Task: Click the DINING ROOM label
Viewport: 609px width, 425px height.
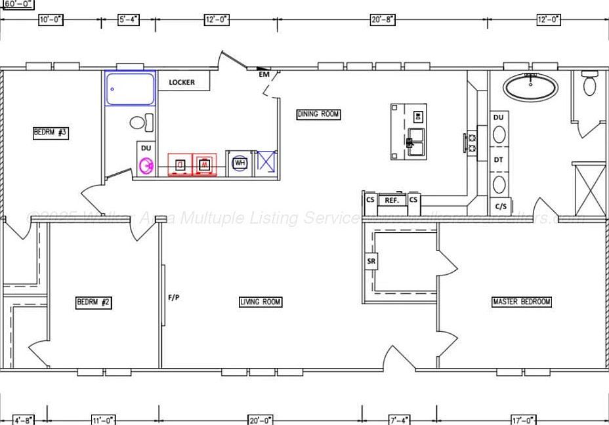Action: [319, 114]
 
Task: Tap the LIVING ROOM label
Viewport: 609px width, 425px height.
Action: [261, 302]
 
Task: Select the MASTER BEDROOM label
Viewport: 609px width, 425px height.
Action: [522, 302]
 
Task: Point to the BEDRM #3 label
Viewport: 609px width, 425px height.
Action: [51, 132]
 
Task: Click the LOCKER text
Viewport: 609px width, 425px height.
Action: [182, 82]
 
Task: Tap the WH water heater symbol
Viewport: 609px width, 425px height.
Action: [240, 163]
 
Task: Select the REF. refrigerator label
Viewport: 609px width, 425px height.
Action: [392, 200]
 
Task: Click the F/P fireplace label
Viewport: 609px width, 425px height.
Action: [174, 297]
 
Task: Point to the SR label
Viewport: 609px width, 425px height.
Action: [371, 261]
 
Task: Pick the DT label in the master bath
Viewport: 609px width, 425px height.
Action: [499, 159]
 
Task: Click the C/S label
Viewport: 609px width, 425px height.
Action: [501, 206]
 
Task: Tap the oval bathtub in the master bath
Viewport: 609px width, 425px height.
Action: [530, 86]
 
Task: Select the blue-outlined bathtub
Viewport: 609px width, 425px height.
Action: [130, 89]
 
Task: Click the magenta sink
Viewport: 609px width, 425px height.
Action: [146, 167]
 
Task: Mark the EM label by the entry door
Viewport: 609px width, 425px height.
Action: [264, 74]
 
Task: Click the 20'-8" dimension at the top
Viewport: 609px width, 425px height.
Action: [383, 20]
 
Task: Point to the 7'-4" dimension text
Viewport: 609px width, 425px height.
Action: [400, 420]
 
